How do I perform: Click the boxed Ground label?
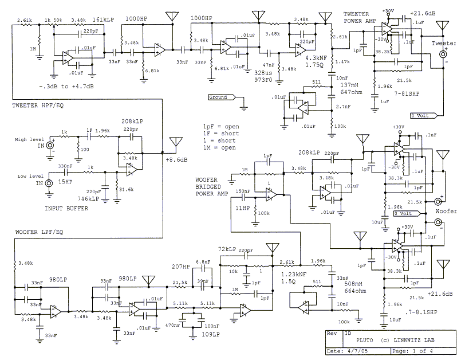coord(218,97)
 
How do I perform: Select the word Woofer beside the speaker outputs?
coord(446,211)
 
